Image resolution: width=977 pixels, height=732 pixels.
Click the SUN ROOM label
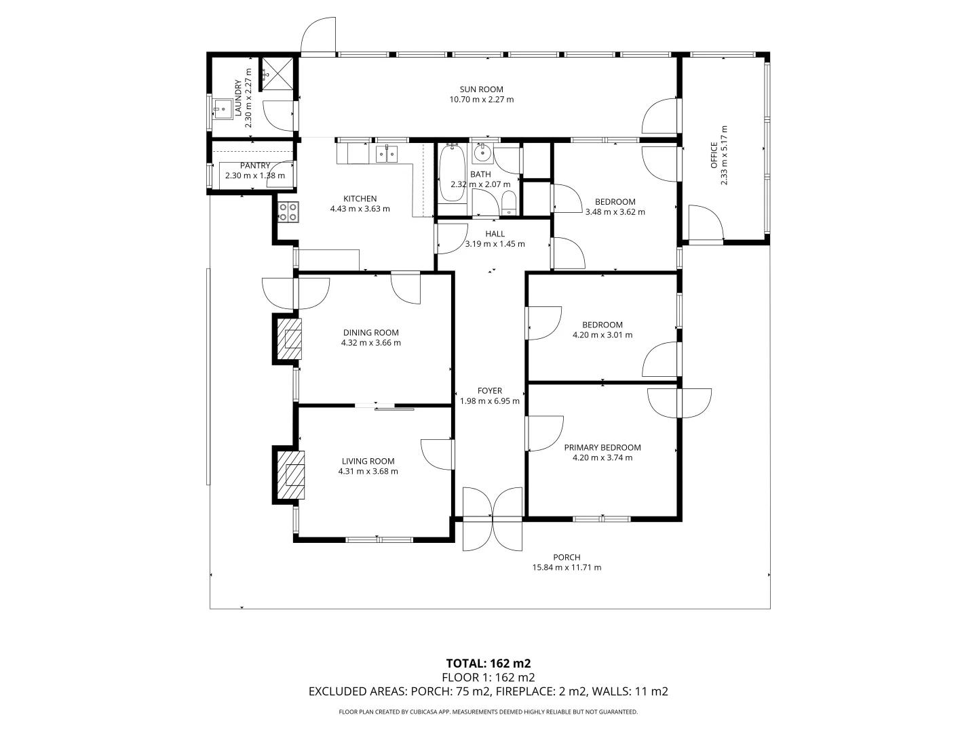click(481, 89)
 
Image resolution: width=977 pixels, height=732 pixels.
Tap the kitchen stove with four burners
click(288, 212)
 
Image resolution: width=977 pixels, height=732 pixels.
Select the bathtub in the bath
click(450, 174)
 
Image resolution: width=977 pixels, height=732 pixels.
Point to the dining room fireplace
click(290, 339)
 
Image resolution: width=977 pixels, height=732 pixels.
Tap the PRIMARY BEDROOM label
click(602, 447)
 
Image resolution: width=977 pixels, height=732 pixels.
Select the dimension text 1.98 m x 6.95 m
click(489, 401)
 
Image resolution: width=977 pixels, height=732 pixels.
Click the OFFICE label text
click(714, 155)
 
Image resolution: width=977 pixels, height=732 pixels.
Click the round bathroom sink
click(482, 153)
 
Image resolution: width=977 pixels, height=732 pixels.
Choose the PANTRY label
click(254, 165)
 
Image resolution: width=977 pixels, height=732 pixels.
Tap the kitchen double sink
click(387, 155)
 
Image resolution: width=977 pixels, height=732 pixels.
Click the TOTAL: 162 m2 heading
click(488, 663)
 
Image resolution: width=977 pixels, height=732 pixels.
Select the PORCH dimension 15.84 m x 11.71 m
click(567, 567)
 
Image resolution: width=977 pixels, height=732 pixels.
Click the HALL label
click(495, 234)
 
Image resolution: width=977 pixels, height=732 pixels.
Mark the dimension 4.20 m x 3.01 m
click(602, 335)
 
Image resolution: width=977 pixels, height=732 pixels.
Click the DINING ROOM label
click(370, 333)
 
